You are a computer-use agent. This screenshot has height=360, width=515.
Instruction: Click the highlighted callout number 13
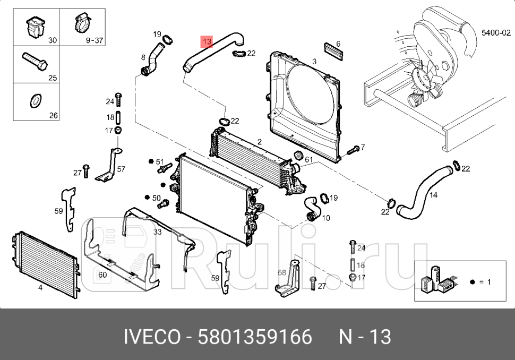tap(207, 41)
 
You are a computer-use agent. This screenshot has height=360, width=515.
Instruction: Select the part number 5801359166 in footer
tap(255, 337)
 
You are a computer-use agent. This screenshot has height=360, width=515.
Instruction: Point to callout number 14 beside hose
tap(433, 195)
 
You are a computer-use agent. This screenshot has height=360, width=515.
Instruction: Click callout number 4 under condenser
tap(40, 288)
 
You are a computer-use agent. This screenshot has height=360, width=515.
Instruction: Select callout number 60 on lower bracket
tap(102, 275)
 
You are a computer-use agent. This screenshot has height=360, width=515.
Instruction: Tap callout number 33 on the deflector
tap(157, 232)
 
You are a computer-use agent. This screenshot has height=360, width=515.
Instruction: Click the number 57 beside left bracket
tap(121, 169)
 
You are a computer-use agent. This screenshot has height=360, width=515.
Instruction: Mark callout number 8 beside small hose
tap(143, 57)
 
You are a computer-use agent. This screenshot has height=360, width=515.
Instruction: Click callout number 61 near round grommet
tap(309, 160)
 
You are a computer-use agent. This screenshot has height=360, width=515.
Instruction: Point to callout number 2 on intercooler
tap(260, 142)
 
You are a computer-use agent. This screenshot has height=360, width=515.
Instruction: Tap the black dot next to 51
tap(151, 161)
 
